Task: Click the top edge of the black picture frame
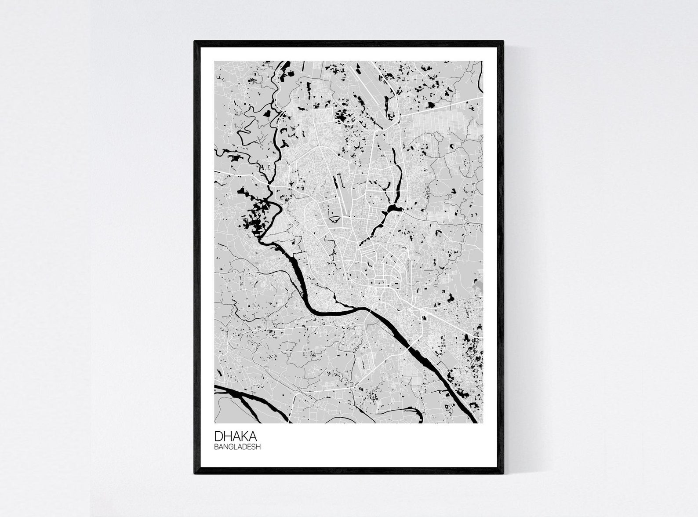(349, 42)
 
